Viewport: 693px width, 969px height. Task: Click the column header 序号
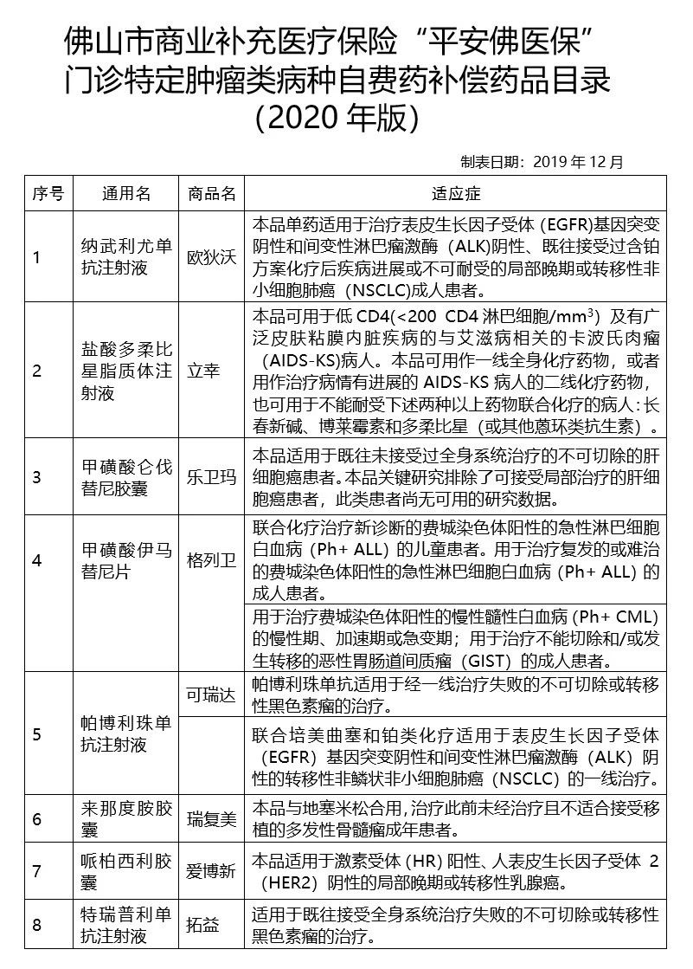coord(48,192)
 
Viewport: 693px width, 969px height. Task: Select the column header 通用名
coord(125,192)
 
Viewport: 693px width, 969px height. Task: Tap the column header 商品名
coord(211,192)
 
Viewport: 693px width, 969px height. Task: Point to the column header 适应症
coord(456,192)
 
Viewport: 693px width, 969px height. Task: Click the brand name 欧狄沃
coord(211,257)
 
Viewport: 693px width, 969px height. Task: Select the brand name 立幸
coord(203,371)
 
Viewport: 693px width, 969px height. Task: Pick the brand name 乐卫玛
coord(211,477)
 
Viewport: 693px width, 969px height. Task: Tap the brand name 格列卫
coord(211,559)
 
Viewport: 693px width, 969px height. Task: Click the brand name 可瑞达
coord(211,695)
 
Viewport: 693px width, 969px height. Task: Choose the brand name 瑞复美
coord(211,818)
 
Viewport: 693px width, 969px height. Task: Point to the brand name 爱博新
coord(211,871)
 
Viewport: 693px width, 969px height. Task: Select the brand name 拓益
coord(203,925)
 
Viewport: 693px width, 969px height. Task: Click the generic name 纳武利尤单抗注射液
coord(125,257)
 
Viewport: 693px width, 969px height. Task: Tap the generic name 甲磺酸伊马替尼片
coord(125,559)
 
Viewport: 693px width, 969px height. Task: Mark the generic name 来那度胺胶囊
coord(125,818)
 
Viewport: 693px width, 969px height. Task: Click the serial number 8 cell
coord(37,925)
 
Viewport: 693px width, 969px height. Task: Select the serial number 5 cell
coord(37,734)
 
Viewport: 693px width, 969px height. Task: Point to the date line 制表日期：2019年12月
coord(542,162)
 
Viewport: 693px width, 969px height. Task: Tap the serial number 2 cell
coord(37,371)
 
